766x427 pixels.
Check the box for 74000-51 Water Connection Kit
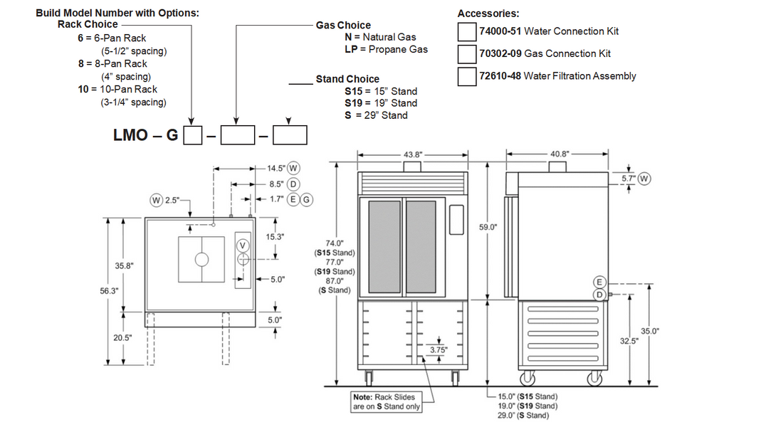(x=466, y=31)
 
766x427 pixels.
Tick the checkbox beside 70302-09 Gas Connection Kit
(x=466, y=54)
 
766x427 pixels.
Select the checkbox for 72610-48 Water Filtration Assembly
(x=466, y=76)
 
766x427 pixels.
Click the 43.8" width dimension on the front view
(x=413, y=154)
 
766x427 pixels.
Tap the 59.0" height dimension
(x=488, y=227)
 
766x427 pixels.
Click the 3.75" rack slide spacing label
(x=439, y=349)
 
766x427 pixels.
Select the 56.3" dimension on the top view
(x=109, y=291)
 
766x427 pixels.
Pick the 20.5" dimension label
(x=123, y=337)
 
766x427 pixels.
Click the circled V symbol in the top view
(x=243, y=246)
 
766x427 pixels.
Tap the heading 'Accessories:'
(x=488, y=14)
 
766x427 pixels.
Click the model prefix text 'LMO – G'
(x=145, y=135)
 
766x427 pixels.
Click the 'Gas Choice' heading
(x=343, y=25)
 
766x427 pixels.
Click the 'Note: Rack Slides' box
(x=387, y=401)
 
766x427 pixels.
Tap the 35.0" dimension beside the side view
(x=650, y=331)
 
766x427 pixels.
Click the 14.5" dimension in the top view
(x=276, y=169)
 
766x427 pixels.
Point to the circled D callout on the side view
(x=599, y=294)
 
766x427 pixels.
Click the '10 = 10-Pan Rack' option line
(x=117, y=89)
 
